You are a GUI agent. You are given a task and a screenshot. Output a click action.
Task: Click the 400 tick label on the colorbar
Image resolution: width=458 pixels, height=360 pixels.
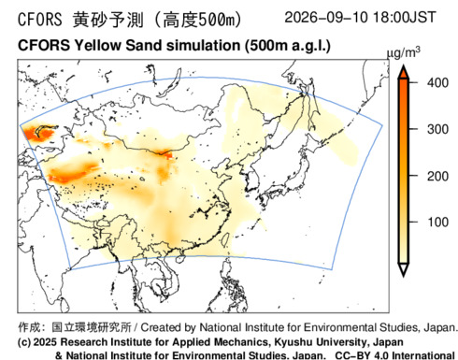coord(437,83)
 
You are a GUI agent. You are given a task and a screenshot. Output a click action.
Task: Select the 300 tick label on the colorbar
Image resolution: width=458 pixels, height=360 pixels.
coord(437,129)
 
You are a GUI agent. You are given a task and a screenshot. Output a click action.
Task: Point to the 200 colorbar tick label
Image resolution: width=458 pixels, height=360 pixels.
coord(437,177)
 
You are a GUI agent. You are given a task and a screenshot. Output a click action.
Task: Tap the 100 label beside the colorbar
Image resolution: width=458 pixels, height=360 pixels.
coord(437,223)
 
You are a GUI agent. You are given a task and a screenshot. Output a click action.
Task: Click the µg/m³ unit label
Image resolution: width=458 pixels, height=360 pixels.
coord(403,52)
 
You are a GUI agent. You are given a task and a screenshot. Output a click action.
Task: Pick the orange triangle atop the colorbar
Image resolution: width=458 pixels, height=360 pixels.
coord(403,72)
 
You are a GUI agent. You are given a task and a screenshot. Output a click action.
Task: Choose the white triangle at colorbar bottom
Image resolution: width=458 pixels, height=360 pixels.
coord(403,269)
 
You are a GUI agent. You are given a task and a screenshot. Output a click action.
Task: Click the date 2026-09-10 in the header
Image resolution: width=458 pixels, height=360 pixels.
coord(326,17)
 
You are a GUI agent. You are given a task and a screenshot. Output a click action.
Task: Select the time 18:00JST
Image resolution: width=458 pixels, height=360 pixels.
coord(404,17)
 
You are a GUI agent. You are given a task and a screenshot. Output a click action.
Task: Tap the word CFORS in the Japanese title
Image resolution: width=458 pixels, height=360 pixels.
coord(39,20)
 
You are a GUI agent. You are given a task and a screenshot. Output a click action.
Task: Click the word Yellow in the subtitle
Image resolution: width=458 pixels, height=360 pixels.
coord(97,46)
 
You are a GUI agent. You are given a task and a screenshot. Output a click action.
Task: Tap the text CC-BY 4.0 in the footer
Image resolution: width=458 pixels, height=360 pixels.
coord(362,355)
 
